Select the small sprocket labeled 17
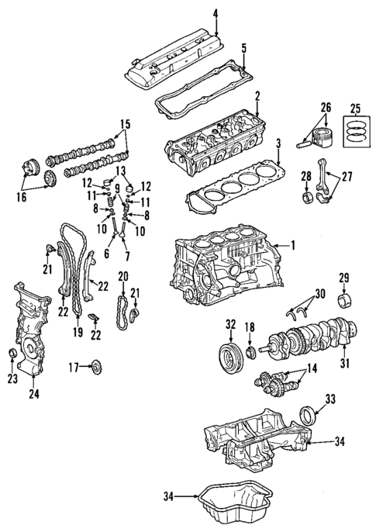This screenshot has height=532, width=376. (x=98, y=366)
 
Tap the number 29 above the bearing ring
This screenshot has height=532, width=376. (x=344, y=278)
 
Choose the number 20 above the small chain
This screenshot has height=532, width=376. (x=122, y=276)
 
